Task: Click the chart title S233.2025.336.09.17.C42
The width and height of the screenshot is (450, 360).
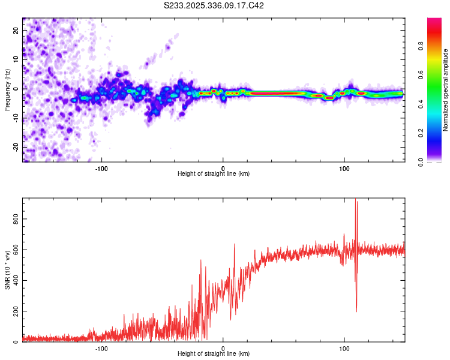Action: (214, 5)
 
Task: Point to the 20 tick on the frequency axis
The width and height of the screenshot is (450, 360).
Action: (16, 30)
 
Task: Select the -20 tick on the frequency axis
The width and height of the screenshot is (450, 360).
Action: (16, 146)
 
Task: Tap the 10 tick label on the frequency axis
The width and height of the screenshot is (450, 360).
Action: (16, 59)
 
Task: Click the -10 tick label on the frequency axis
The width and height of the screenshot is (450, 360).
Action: (16, 117)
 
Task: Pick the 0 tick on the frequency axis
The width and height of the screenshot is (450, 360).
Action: (16, 88)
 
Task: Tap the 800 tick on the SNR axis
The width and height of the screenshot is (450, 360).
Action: (16, 220)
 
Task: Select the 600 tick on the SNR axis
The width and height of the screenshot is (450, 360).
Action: (16, 251)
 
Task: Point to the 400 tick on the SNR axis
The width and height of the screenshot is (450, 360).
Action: (16, 281)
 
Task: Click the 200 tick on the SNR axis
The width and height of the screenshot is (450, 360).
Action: (16, 312)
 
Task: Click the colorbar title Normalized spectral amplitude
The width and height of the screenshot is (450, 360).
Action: (446, 90)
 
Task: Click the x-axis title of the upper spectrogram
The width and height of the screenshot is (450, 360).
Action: (214, 173)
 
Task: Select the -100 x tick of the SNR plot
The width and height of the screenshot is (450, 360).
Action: (101, 348)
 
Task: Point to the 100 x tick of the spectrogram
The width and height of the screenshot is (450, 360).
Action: (344, 167)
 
